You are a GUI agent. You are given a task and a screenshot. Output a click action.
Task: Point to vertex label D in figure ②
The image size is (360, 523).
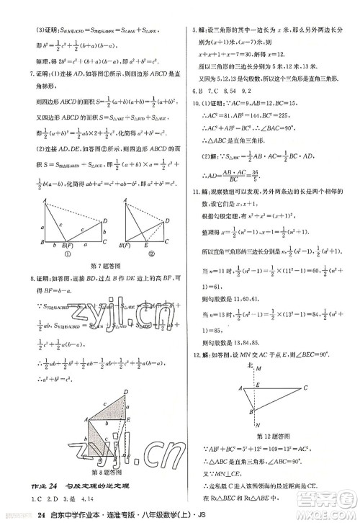point(168,220)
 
